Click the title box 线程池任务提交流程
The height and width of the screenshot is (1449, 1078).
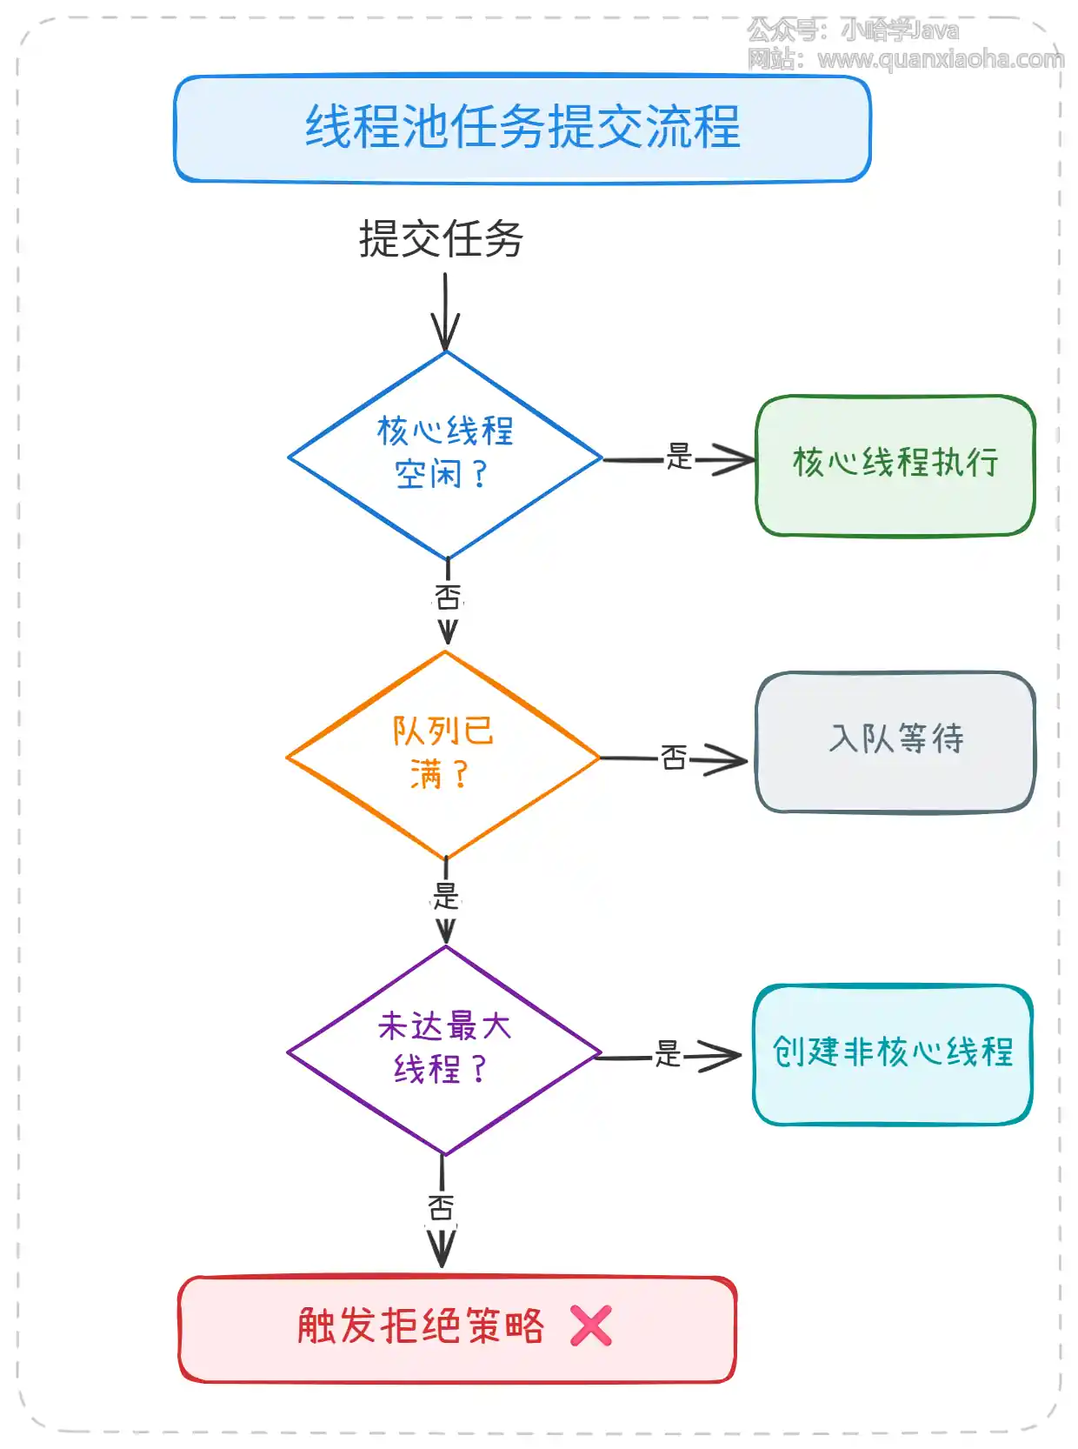coord(522,128)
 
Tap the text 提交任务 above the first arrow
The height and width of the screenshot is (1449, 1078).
coord(441,239)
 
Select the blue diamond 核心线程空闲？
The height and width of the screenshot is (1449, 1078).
coord(445,454)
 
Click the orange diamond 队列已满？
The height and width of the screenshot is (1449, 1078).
coord(443,753)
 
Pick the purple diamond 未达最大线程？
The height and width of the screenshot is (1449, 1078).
coord(444,1049)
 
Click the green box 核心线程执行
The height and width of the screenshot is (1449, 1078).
coord(895,464)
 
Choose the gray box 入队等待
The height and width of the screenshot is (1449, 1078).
coord(895,741)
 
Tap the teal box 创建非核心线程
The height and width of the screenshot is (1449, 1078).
coord(892,1053)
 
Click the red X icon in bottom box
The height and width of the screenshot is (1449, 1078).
coord(591,1326)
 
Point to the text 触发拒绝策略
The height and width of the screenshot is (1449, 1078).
coord(420,1326)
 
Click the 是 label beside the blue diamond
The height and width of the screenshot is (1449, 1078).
coord(679,457)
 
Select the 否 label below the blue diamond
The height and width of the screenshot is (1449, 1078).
coord(448,598)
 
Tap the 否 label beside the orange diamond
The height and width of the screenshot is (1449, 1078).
coord(674,758)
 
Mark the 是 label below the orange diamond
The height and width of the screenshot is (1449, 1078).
coord(445,896)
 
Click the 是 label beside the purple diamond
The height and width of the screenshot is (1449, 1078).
coord(668,1054)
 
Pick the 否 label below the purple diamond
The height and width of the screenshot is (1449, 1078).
coord(441,1207)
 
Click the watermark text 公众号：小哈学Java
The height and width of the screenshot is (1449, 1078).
coord(853,30)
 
